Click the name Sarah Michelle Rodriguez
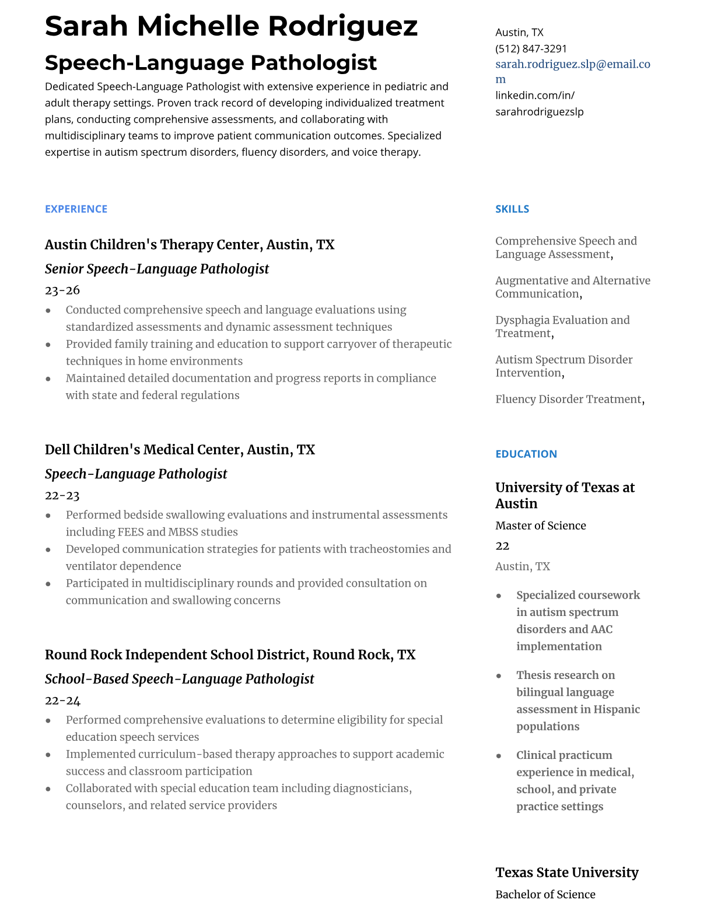tap(231, 26)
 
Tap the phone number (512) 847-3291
tap(531, 48)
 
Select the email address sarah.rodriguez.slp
tap(572, 64)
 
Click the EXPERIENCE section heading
tap(76, 209)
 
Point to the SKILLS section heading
tap(512, 209)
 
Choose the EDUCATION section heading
tap(526, 454)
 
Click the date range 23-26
tap(62, 290)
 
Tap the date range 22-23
tap(62, 495)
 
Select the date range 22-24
tap(62, 700)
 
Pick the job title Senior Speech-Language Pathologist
tap(157, 269)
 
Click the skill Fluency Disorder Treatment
tap(568, 399)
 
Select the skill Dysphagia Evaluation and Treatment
tap(562, 327)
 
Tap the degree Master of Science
tap(540, 526)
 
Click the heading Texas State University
tap(566, 873)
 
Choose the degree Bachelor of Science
tap(545, 894)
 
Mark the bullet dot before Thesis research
tap(499, 675)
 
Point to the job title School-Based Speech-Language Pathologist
tap(179, 679)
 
